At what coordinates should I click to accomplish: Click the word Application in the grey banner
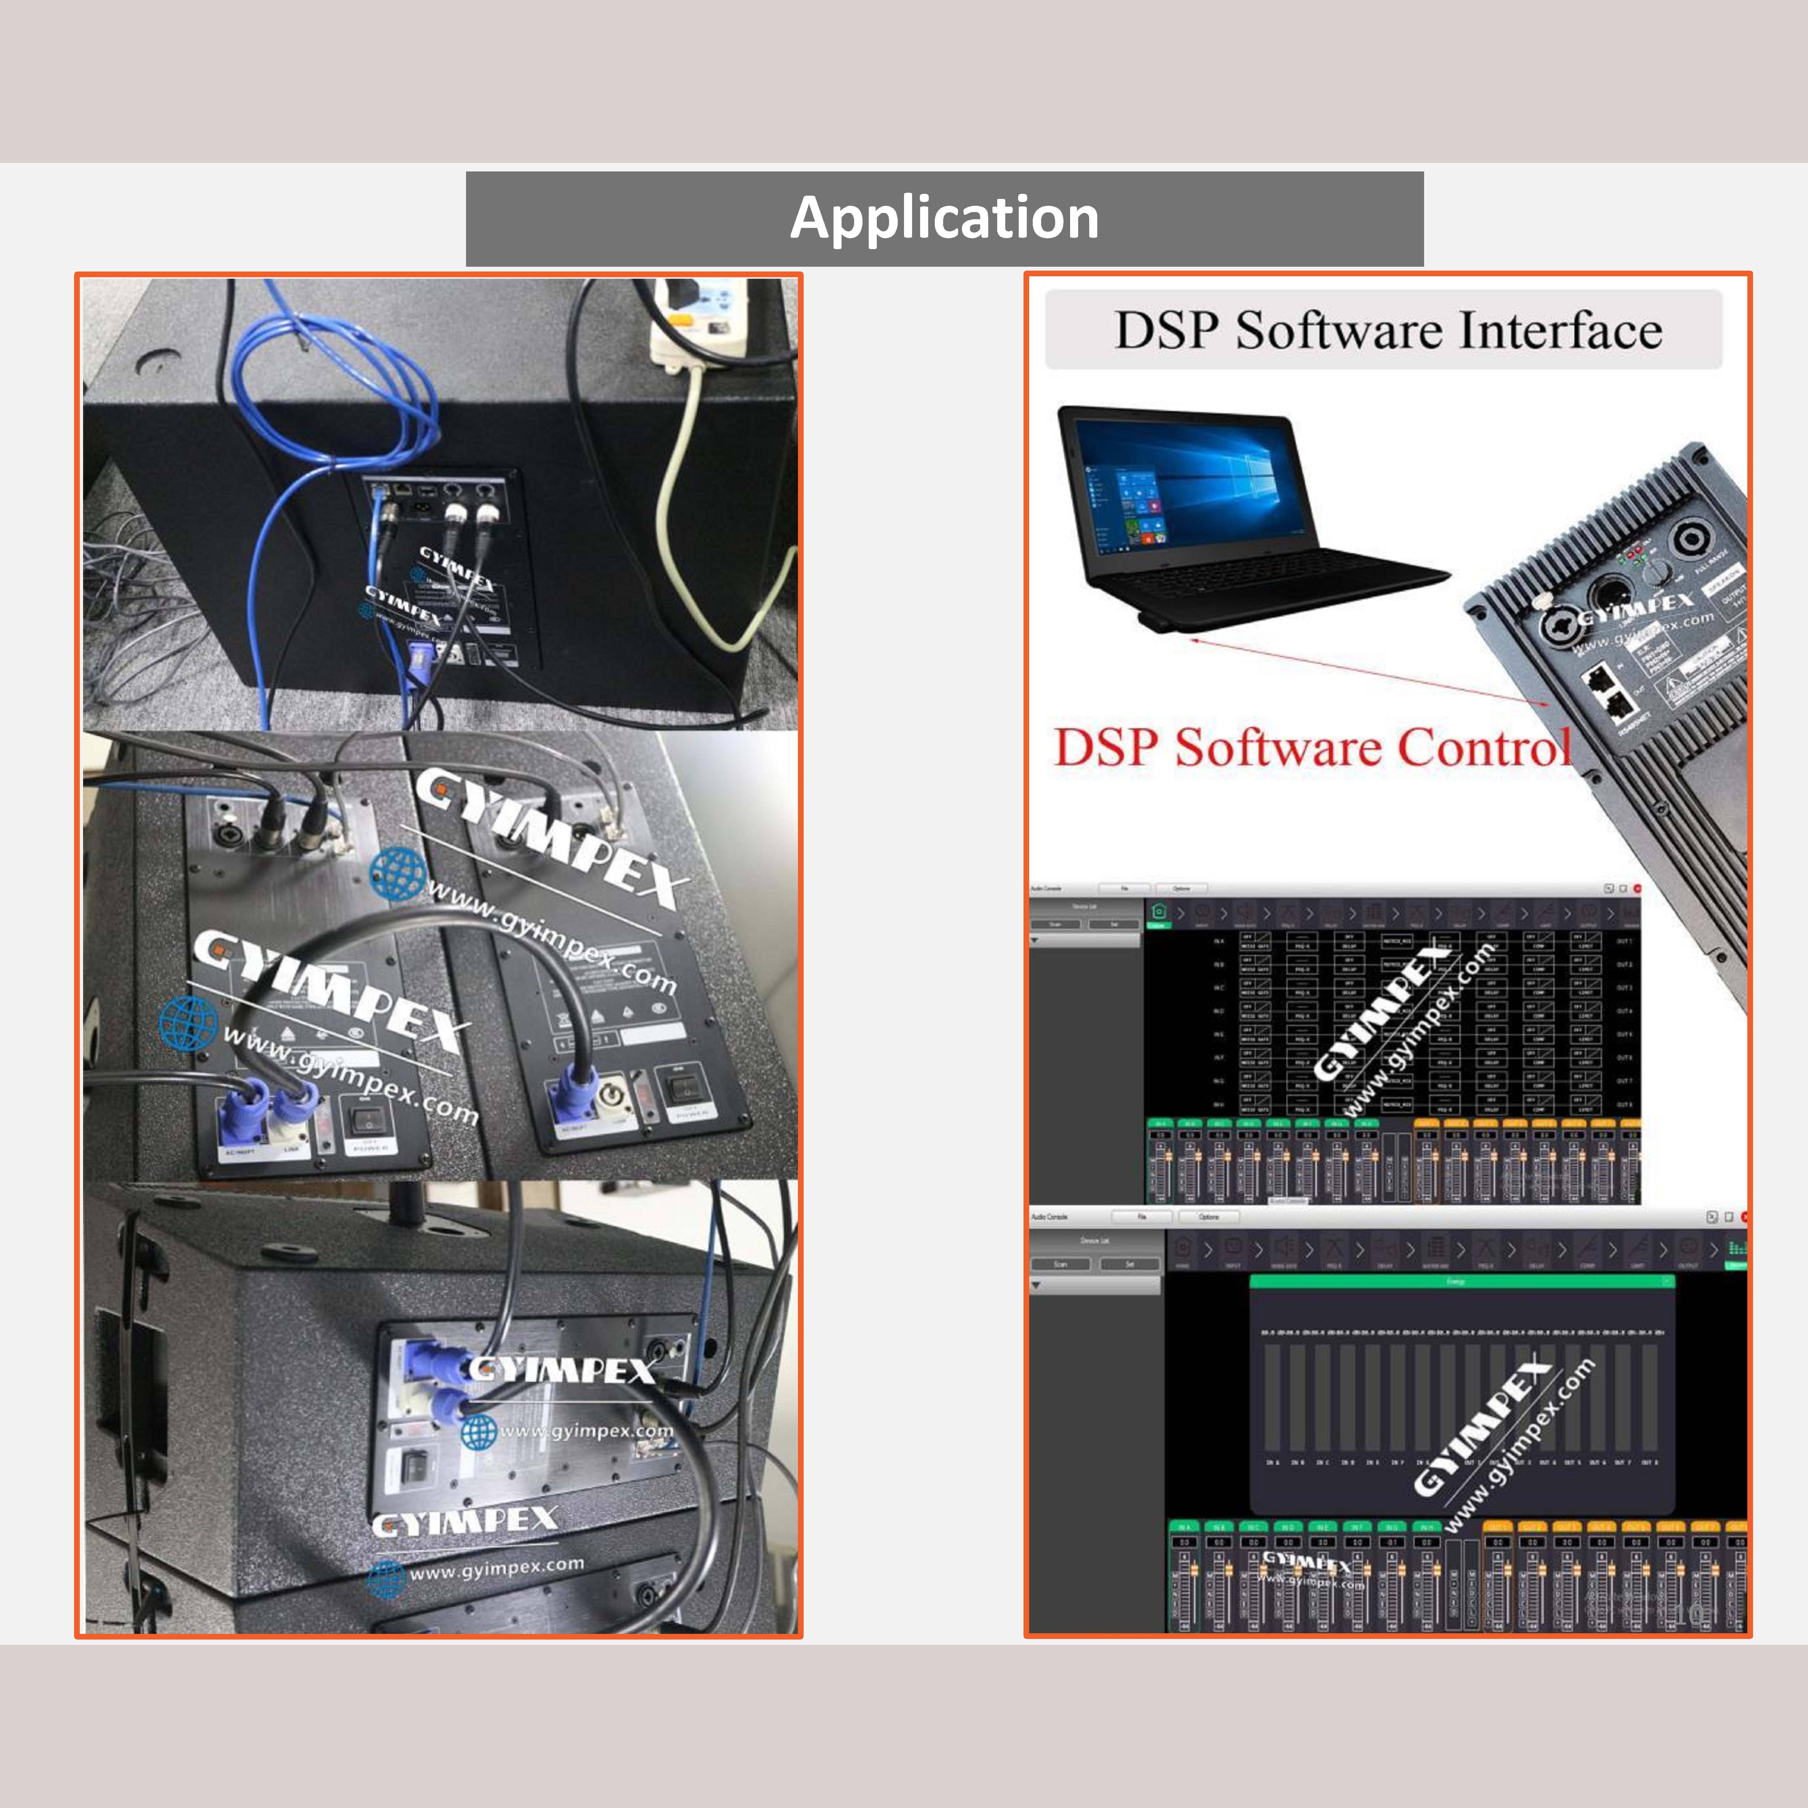(944, 218)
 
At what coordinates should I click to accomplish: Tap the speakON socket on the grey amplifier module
(1689, 541)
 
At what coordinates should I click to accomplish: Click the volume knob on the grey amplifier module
(1659, 571)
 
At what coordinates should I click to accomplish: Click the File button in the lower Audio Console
(1141, 1217)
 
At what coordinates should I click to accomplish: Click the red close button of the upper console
(1637, 888)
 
